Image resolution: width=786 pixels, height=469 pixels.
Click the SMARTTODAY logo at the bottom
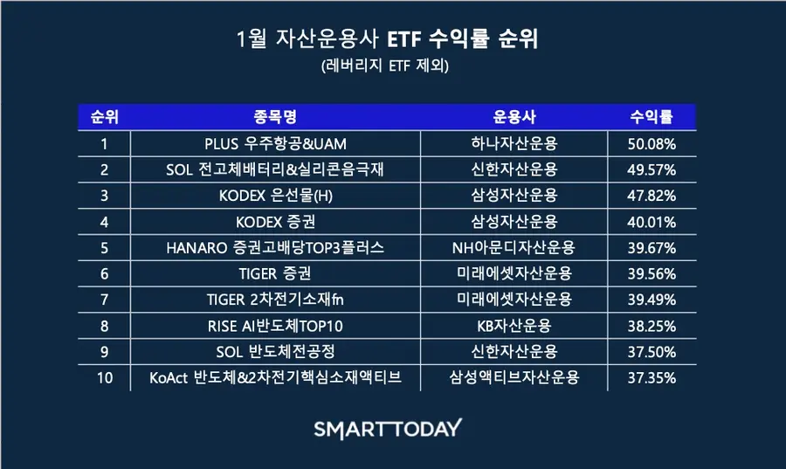click(x=388, y=430)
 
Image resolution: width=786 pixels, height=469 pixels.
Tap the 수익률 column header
click(x=652, y=117)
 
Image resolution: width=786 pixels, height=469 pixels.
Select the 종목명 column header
click(x=275, y=117)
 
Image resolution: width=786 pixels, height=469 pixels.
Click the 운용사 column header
click(x=514, y=117)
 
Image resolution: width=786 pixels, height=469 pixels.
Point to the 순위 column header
click(x=104, y=117)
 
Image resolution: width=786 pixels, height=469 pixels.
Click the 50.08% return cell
click(x=652, y=144)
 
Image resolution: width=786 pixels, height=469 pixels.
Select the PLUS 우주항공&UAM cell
click(x=275, y=144)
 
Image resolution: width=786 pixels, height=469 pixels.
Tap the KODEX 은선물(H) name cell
click(x=276, y=196)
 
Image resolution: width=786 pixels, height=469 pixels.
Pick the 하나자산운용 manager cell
click(x=514, y=144)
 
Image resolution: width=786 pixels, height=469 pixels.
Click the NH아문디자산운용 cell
click(x=514, y=247)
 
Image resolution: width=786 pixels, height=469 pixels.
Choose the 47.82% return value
click(x=652, y=196)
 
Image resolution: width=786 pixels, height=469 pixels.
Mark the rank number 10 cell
click(x=105, y=378)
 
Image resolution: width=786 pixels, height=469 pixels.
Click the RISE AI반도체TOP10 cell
click(x=275, y=326)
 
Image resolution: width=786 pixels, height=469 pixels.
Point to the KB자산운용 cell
click(x=514, y=326)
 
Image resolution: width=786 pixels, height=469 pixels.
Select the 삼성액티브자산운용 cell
click(x=514, y=377)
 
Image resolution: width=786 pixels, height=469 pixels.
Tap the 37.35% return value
click(x=652, y=378)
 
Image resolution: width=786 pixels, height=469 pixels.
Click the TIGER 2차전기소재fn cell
click(x=275, y=300)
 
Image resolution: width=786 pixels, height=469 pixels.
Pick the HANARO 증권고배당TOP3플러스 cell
click(x=275, y=247)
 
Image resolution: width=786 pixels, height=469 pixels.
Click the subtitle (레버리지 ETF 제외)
click(x=385, y=66)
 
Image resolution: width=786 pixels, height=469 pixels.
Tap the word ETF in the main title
click(x=403, y=39)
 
